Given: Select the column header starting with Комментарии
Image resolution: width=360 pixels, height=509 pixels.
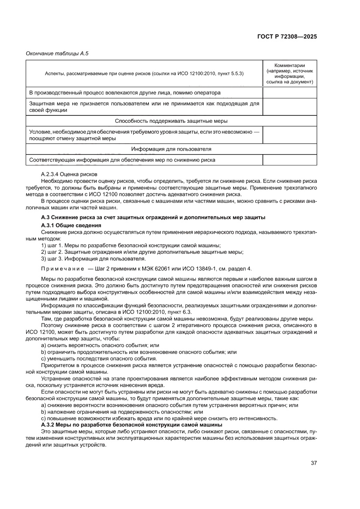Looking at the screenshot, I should tap(289, 73).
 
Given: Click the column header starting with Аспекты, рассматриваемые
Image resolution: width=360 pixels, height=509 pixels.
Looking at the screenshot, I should tap(144, 73).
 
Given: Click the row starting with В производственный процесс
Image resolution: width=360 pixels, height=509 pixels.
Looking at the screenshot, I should tap(124, 92).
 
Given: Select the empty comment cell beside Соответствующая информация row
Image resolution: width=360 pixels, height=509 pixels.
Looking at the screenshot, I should tap(289, 160).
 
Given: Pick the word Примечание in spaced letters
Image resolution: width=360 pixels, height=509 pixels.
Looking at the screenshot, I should tap(62, 268).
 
